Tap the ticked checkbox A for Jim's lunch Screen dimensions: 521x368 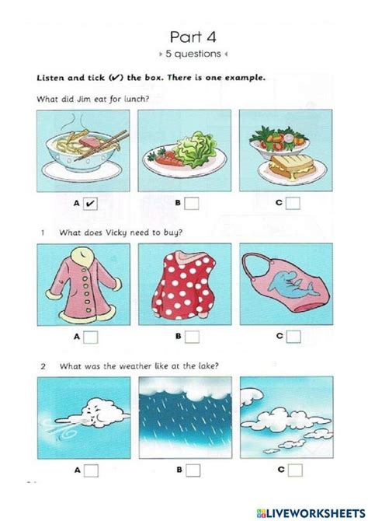(90, 205)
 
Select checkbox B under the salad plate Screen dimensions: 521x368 (192, 205)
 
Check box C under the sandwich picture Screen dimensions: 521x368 (293, 205)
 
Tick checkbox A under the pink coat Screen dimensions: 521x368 (90, 337)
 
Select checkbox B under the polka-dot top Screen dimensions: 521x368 (192, 337)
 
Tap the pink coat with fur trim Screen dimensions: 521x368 (82, 285)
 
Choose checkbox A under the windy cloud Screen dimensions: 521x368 (90, 470)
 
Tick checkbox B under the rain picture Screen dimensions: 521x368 (192, 470)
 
